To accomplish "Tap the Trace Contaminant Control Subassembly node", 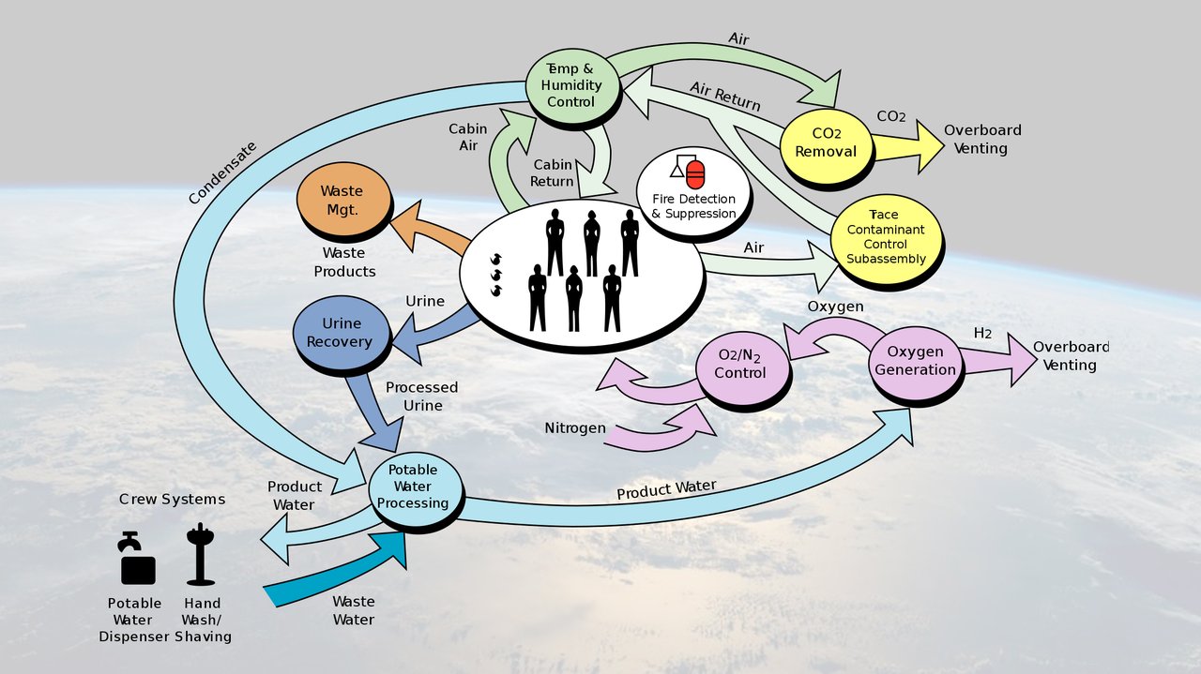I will click(885, 238).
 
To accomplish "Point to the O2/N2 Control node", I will click(740, 363).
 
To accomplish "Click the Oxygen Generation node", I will click(914, 359).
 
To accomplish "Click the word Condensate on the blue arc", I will click(221, 172).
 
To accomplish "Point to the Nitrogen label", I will click(574, 428).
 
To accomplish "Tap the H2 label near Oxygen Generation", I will click(982, 333).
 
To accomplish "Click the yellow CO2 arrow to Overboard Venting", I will click(906, 146).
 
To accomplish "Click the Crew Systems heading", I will click(172, 499).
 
